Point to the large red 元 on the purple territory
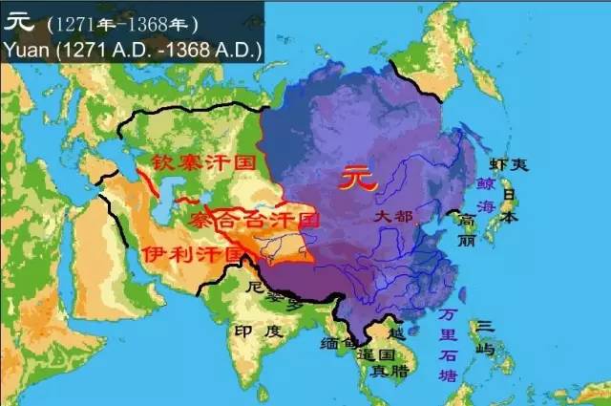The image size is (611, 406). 355,178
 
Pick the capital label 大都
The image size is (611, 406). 391,219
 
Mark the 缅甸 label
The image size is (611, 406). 340,342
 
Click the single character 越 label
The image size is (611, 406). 397,333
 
